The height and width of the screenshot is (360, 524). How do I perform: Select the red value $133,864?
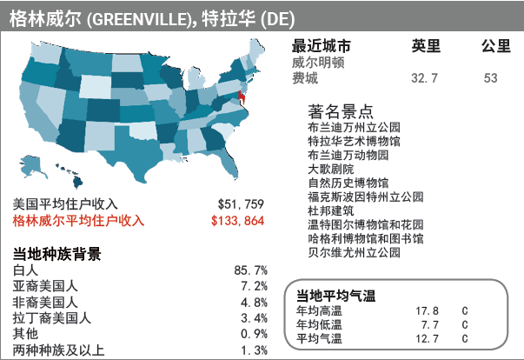237,221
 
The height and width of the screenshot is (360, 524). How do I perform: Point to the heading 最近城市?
322,47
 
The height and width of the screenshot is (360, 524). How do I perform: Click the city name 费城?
305,78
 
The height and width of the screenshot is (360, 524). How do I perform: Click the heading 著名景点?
342,111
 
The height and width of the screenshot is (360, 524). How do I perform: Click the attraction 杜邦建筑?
331,210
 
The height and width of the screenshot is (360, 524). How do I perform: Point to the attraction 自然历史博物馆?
348,183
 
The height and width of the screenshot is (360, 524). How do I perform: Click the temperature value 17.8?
427,310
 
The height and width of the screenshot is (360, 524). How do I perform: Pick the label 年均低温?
319,324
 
